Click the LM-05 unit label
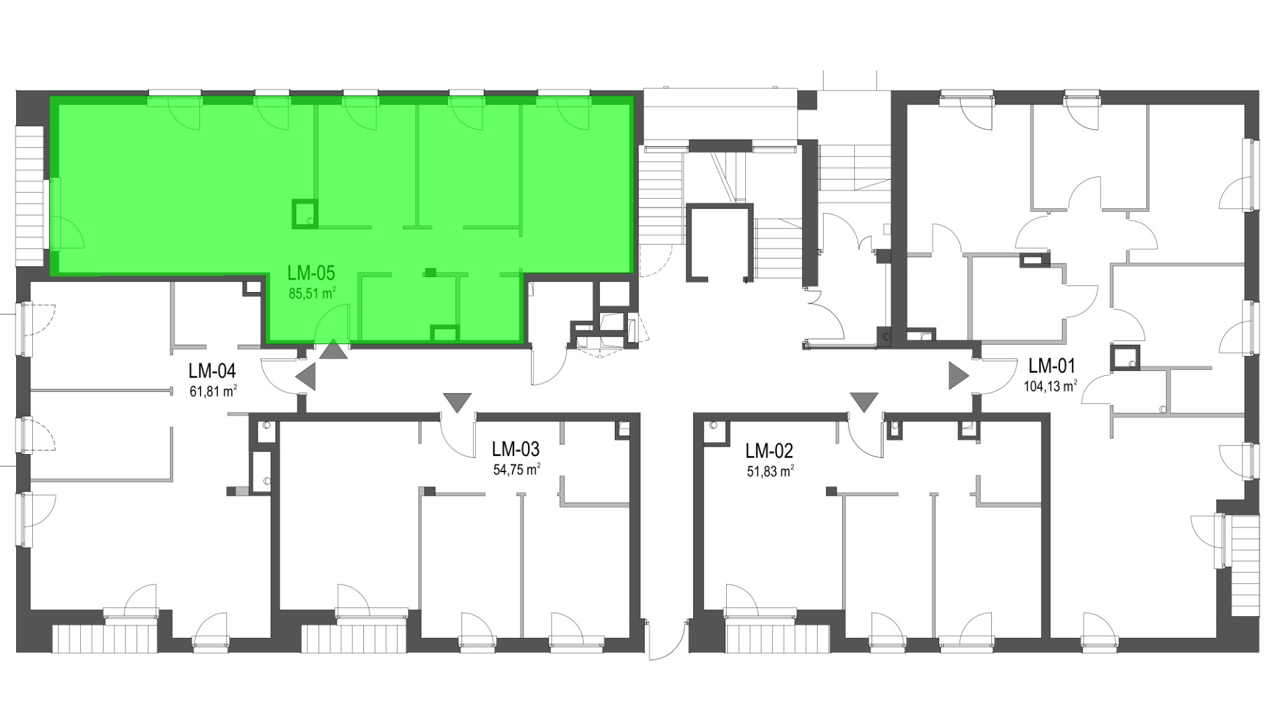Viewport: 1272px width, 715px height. pyautogui.click(x=311, y=273)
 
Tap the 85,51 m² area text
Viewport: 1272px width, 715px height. pyautogui.click(x=312, y=293)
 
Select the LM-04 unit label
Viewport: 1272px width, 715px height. pyautogui.click(x=212, y=371)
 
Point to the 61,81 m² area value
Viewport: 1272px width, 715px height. pyautogui.click(x=213, y=391)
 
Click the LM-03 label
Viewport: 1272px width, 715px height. pyautogui.click(x=516, y=449)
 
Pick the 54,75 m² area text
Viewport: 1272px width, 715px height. pyautogui.click(x=517, y=469)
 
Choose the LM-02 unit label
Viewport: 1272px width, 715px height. pyautogui.click(x=770, y=450)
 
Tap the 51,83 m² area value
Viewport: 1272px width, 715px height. pyautogui.click(x=770, y=471)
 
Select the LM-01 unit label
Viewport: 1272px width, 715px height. pyautogui.click(x=1052, y=365)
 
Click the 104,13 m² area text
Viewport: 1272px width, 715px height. pyautogui.click(x=1050, y=386)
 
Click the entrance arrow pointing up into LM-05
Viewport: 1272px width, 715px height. pyautogui.click(x=334, y=350)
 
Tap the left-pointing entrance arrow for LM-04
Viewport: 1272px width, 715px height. pyautogui.click(x=306, y=376)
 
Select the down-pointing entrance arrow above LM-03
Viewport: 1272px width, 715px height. pyautogui.click(x=458, y=403)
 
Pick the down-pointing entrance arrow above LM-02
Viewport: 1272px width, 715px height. pyautogui.click(x=864, y=403)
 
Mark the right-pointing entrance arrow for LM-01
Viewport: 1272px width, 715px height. pyautogui.click(x=959, y=376)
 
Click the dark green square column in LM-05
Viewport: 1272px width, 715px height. pyautogui.click(x=305, y=213)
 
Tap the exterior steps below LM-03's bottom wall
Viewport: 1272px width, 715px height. pyautogui.click(x=354, y=638)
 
